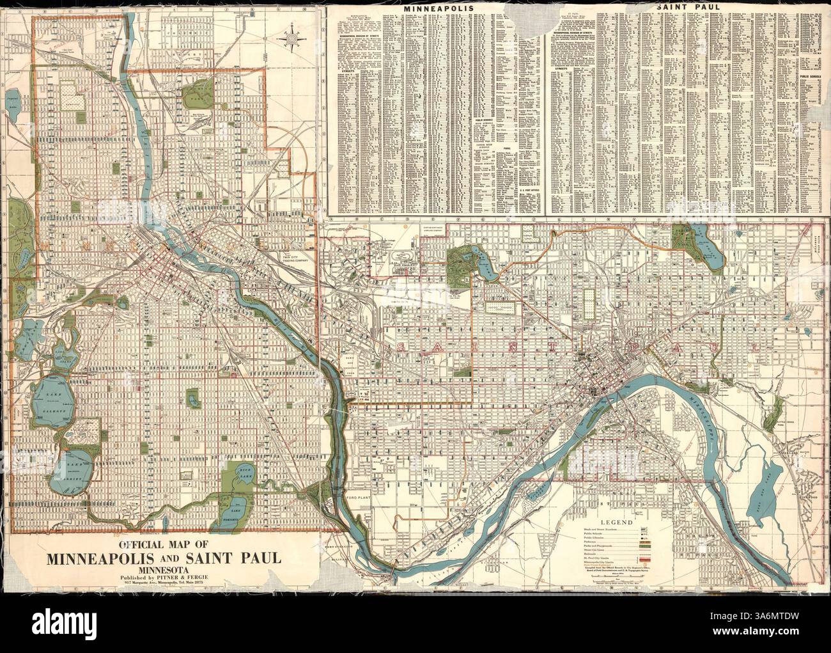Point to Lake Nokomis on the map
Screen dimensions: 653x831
[x=235, y=508]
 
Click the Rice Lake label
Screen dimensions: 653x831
[x=245, y=473]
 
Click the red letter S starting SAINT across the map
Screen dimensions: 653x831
[x=401, y=347]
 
